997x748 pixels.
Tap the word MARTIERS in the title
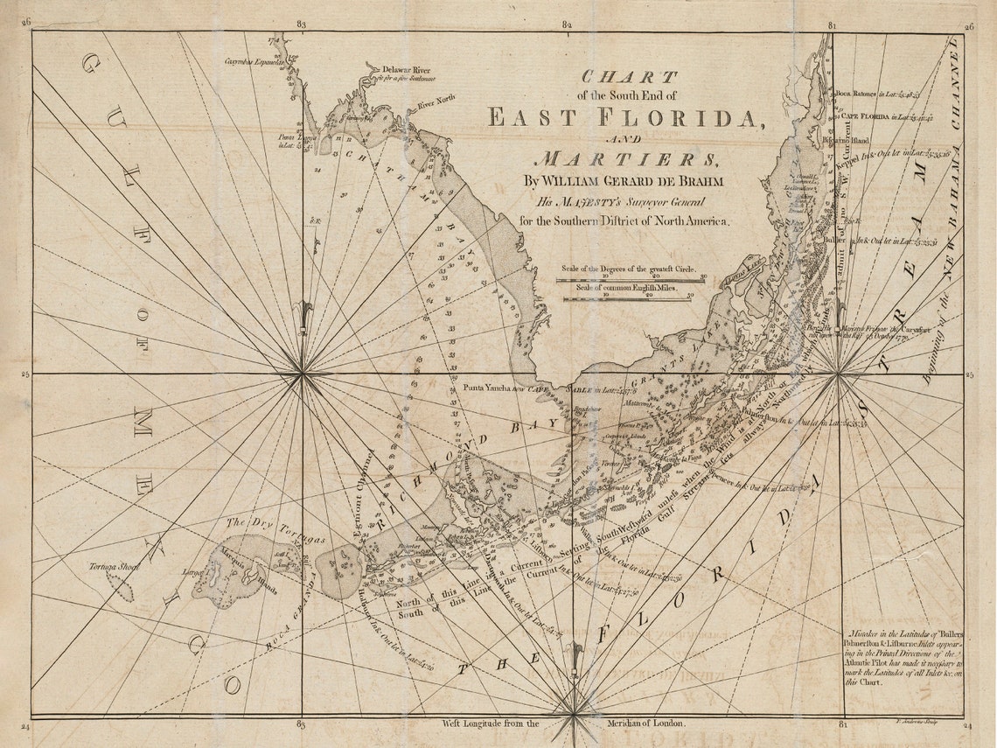point(625,159)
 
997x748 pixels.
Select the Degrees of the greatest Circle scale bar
point(630,280)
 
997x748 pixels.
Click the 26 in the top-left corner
point(26,25)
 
